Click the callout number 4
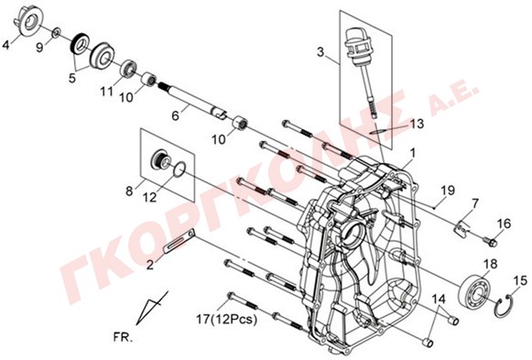pyautogui.click(x=5, y=45)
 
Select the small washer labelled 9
pyautogui.click(x=57, y=33)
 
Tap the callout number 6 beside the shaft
pyautogui.click(x=175, y=115)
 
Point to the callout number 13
pyautogui.click(x=417, y=124)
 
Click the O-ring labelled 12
pyautogui.click(x=179, y=169)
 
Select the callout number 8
pyautogui.click(x=129, y=191)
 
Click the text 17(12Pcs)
pyautogui.click(x=227, y=319)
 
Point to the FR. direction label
pyautogui.click(x=124, y=338)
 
